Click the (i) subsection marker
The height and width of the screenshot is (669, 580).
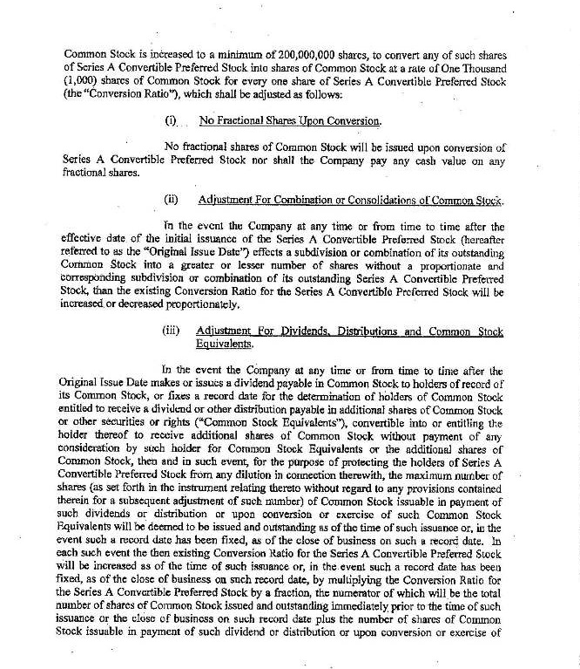(x=171, y=120)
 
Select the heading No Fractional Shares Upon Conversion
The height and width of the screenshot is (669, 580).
(x=290, y=120)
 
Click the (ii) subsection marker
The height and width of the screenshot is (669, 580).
(x=171, y=200)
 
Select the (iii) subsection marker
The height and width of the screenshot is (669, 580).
(x=172, y=332)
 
